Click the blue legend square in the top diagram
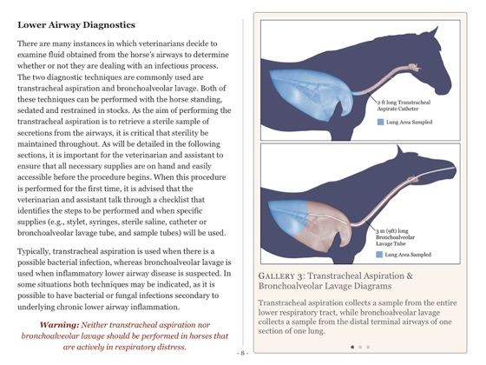[x=380, y=123]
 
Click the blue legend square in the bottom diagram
[x=380, y=255]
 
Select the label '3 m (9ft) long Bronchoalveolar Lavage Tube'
[x=401, y=236]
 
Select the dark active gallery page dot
[x=352, y=347]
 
